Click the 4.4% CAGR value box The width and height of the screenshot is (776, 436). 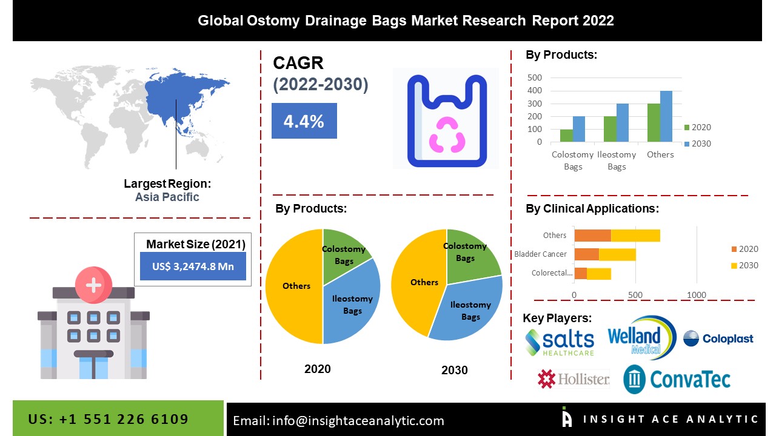pos(304,121)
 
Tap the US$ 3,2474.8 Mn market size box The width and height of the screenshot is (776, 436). pos(193,266)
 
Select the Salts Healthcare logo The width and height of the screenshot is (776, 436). pos(560,342)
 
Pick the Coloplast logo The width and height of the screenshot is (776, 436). pos(718,339)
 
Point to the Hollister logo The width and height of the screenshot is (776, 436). pos(573,380)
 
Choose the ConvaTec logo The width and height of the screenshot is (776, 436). pos(677,380)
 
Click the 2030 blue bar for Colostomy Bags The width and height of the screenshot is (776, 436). pos(579,129)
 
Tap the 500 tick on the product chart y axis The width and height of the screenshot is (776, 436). pos(534,78)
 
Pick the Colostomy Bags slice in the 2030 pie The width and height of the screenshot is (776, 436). pos(470,251)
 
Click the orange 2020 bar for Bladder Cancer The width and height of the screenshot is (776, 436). pos(586,254)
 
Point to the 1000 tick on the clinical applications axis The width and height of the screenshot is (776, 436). pos(697,295)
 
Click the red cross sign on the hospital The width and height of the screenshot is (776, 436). pos(93,284)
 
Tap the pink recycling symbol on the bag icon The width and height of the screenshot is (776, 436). pos(446,134)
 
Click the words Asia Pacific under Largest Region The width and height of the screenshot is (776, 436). pos(167,197)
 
